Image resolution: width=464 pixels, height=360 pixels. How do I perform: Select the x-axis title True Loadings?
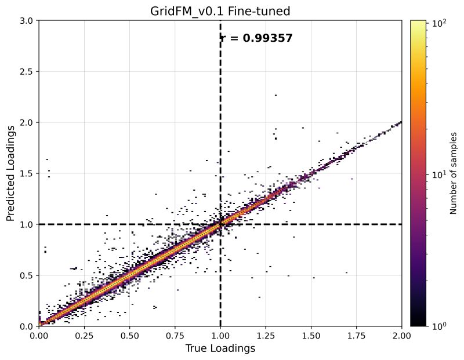tap(220, 348)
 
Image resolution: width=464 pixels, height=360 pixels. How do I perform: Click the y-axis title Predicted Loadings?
tap(12, 173)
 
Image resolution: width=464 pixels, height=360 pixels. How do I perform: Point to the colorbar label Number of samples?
tap(455, 173)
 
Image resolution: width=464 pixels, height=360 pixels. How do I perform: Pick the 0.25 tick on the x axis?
tap(84, 335)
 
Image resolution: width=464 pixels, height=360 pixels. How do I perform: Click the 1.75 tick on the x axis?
tap(356, 335)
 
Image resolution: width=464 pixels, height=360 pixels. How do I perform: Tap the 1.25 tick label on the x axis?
tap(266, 335)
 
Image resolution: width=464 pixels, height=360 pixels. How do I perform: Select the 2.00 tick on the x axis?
tap(401, 335)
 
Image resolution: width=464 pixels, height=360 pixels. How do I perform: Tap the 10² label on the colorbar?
tap(439, 24)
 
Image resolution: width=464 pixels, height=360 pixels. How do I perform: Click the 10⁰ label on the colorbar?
tap(439, 326)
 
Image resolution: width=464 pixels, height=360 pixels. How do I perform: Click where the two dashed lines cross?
tap(220, 224)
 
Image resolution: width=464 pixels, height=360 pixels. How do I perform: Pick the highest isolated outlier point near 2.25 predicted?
tap(275, 95)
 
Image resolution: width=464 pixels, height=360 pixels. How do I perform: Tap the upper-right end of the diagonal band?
tap(400, 123)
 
